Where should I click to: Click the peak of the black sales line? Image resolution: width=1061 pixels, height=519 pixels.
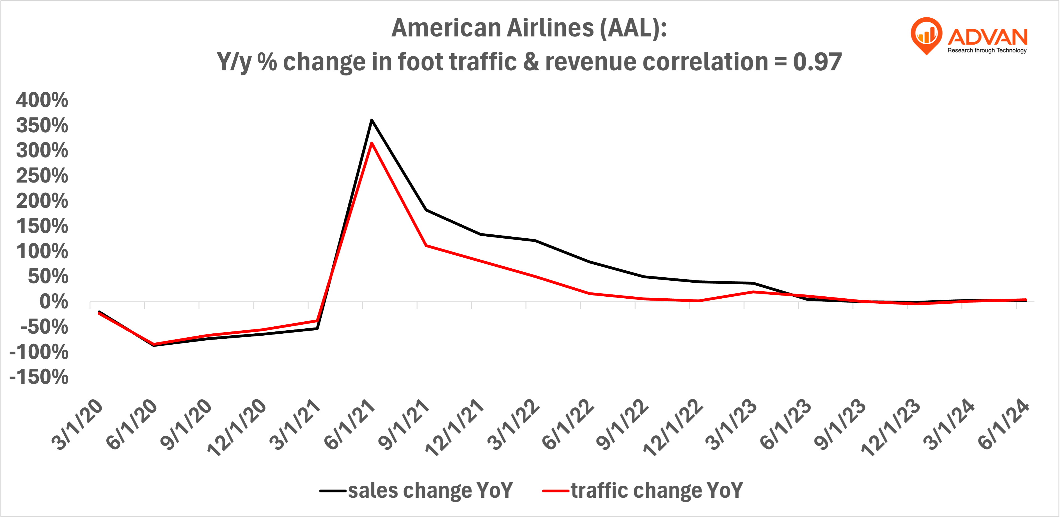point(372,120)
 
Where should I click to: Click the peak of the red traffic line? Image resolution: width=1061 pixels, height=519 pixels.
point(372,143)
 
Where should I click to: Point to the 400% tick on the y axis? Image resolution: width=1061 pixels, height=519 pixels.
point(42,100)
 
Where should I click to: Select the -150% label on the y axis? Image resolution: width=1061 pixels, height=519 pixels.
point(39,377)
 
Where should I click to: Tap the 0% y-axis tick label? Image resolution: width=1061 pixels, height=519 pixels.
point(54,302)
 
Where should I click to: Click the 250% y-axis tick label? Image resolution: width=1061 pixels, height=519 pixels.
point(42,176)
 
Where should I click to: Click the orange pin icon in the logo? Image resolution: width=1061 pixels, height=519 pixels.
point(926,35)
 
